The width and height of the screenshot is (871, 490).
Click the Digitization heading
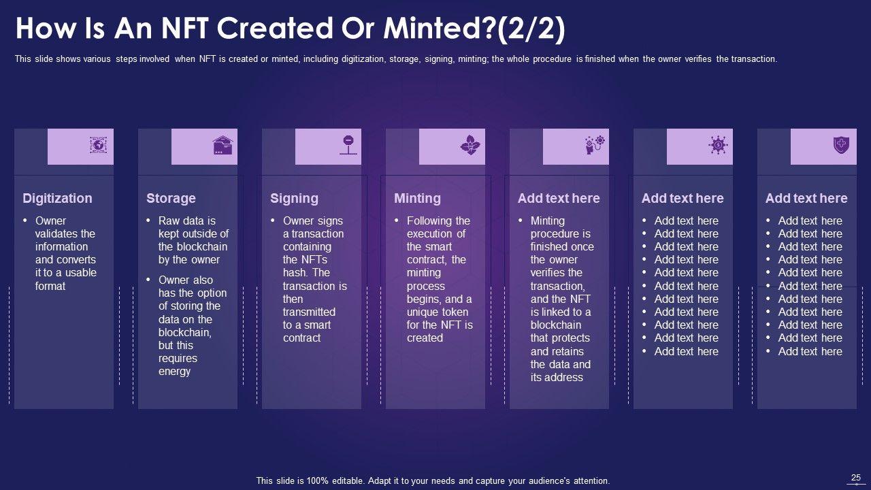(x=57, y=198)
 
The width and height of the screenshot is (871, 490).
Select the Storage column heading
(x=171, y=198)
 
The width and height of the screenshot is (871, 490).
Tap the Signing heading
(x=294, y=198)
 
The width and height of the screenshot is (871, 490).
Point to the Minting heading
(x=417, y=198)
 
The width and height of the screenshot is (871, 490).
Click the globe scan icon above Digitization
(x=99, y=145)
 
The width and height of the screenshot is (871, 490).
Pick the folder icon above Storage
(x=223, y=145)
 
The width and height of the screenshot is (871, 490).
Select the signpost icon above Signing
(x=348, y=145)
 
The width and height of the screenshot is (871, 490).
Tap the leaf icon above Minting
(x=470, y=145)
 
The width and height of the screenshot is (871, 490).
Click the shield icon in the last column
(x=841, y=145)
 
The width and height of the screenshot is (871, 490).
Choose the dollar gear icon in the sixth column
(x=718, y=145)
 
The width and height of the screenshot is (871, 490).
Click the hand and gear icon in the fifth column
(x=594, y=145)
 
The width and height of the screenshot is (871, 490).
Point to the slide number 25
(x=856, y=478)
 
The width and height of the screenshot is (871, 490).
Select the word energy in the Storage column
(x=175, y=372)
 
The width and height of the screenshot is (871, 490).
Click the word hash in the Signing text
(x=295, y=273)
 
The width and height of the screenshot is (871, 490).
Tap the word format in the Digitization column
(x=50, y=287)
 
